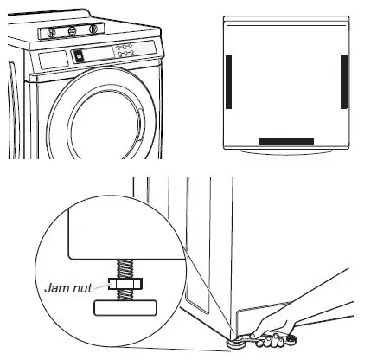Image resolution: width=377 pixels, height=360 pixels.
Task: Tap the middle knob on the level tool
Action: (x=72, y=32)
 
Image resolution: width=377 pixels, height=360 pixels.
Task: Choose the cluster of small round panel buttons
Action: (x=125, y=51)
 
